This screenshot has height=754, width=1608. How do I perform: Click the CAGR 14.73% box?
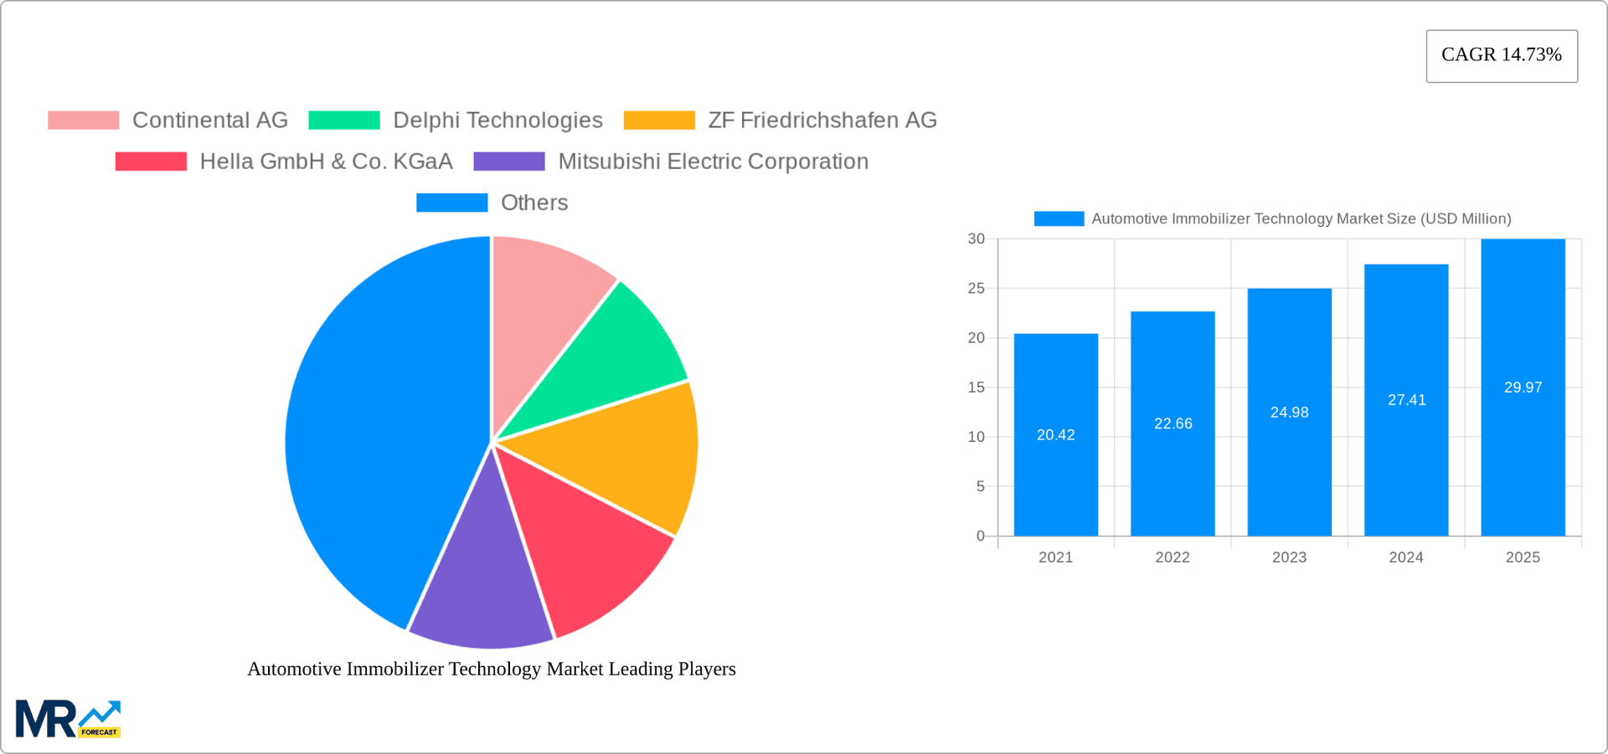pos(1502,56)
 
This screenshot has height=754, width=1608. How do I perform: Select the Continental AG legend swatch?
pos(83,121)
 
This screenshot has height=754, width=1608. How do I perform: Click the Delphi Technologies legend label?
pos(497,121)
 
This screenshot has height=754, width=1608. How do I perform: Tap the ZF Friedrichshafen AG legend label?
pos(822,121)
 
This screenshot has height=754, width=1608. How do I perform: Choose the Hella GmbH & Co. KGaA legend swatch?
pos(151,162)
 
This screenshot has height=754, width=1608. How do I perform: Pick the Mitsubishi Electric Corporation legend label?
pos(713,162)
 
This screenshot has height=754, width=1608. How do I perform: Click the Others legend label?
pos(533,203)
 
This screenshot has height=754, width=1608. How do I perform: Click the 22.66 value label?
pos(1172,424)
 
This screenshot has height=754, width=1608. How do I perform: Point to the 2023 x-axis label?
pos(1289,557)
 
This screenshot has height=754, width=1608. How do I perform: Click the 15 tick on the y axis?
pos(976,387)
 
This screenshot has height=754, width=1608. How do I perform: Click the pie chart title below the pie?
pos(492,669)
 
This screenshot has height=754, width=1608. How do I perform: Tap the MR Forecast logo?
pos(68,719)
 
